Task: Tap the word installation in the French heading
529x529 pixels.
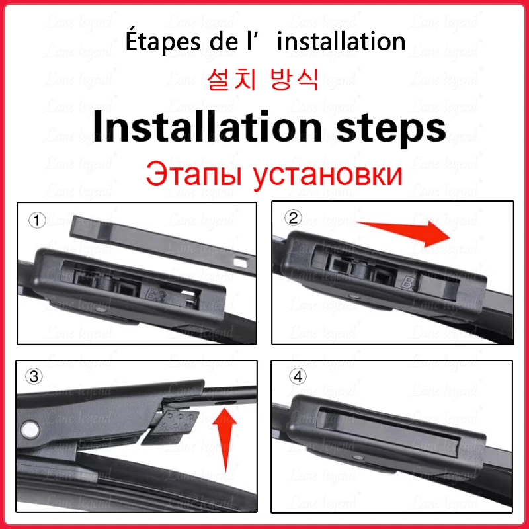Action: pos(341,41)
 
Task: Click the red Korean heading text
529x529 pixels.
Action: pos(263,79)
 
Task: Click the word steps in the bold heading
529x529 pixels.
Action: pos(391,130)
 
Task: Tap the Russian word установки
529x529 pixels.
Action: pos(327,176)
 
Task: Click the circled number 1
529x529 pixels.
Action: pos(37,221)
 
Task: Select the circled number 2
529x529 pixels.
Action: pos(293,218)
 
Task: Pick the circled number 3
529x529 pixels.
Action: pos(34,376)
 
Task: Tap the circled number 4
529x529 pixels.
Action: pos(298,376)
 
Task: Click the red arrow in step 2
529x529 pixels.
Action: pos(403,231)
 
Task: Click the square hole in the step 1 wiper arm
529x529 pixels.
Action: pos(241,261)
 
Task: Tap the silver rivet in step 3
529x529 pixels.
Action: pos(30,429)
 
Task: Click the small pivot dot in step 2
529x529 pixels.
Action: pos(354,296)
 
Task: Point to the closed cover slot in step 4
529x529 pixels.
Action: pos(388,432)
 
